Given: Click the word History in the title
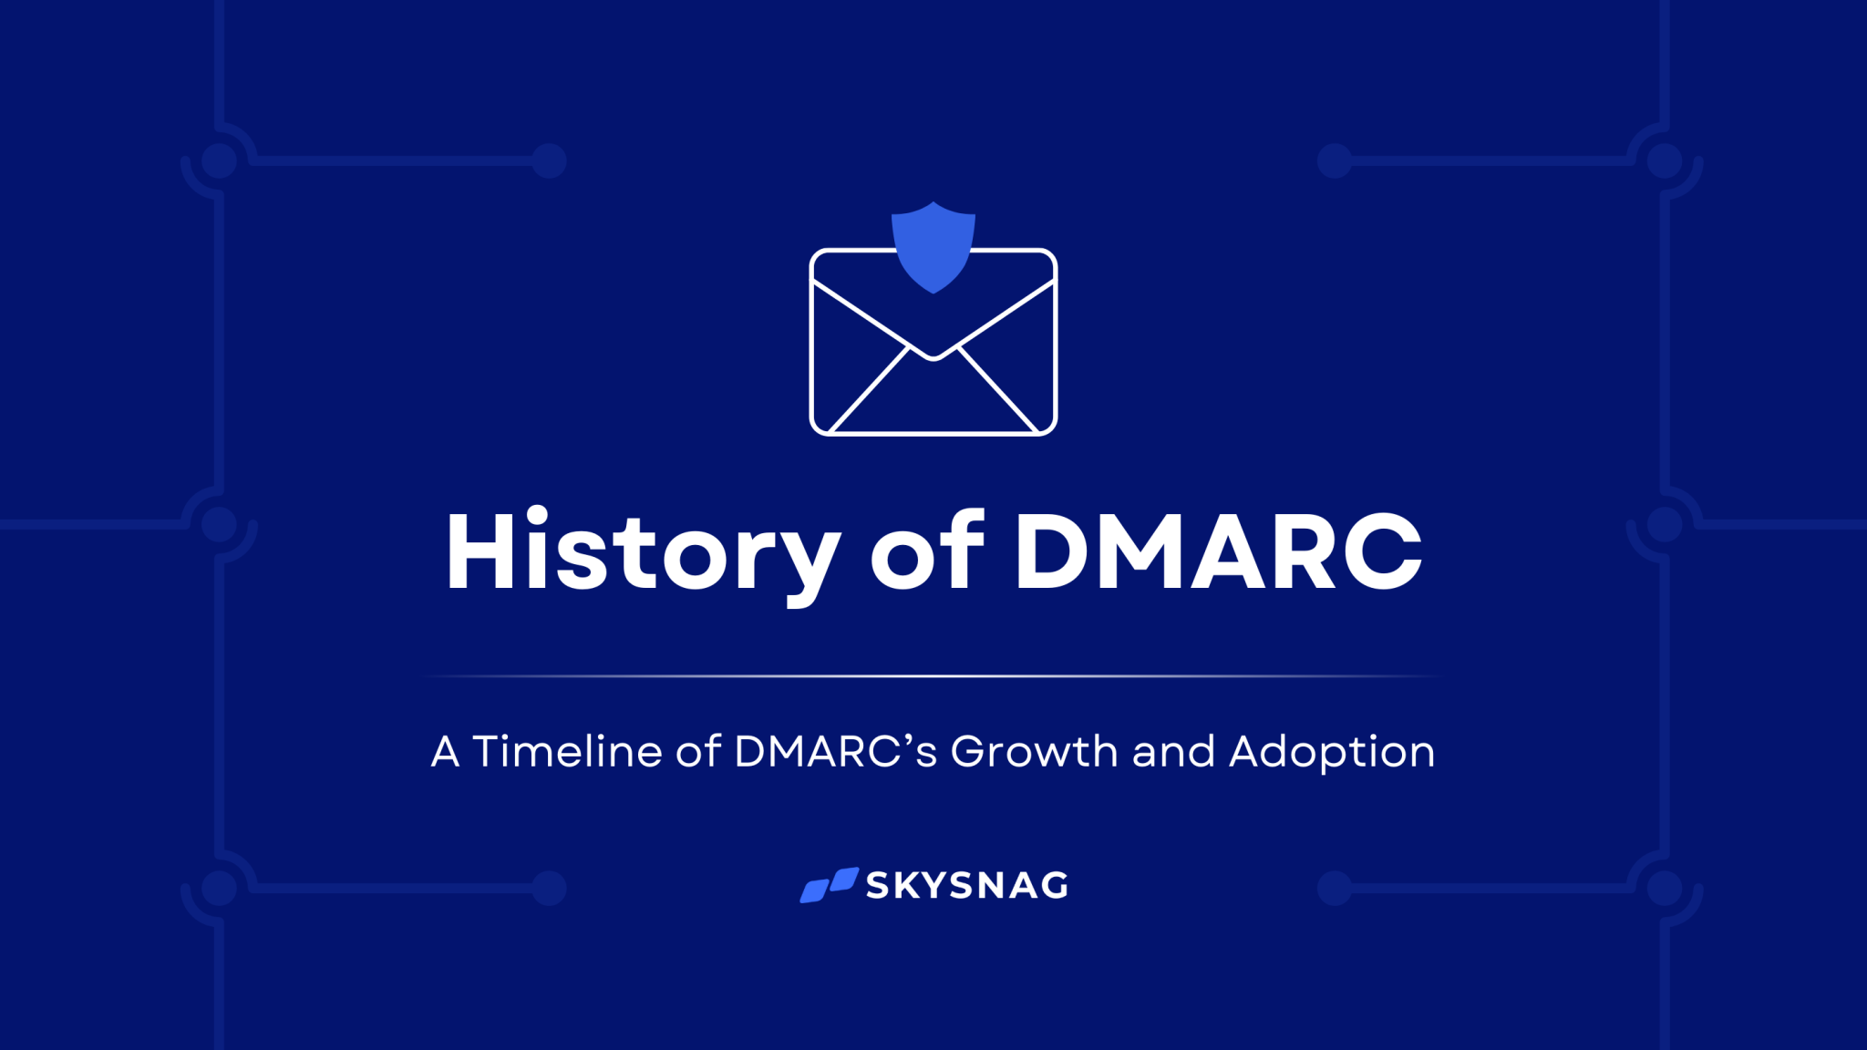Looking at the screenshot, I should pyautogui.click(x=642, y=551).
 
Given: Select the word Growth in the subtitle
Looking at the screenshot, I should pyautogui.click(x=1034, y=752).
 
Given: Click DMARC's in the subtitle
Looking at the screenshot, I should pyautogui.click(x=835, y=752).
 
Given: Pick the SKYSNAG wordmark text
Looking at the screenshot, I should pyautogui.click(x=967, y=885).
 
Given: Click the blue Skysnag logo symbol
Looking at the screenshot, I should pyautogui.click(x=829, y=885).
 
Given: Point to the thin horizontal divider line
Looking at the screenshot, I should pyautogui.click(x=933, y=676).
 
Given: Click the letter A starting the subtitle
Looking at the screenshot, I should pyautogui.click(x=445, y=753).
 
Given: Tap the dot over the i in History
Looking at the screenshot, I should pyautogui.click(x=537, y=514).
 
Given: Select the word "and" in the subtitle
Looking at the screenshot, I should pyautogui.click(x=1173, y=752).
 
